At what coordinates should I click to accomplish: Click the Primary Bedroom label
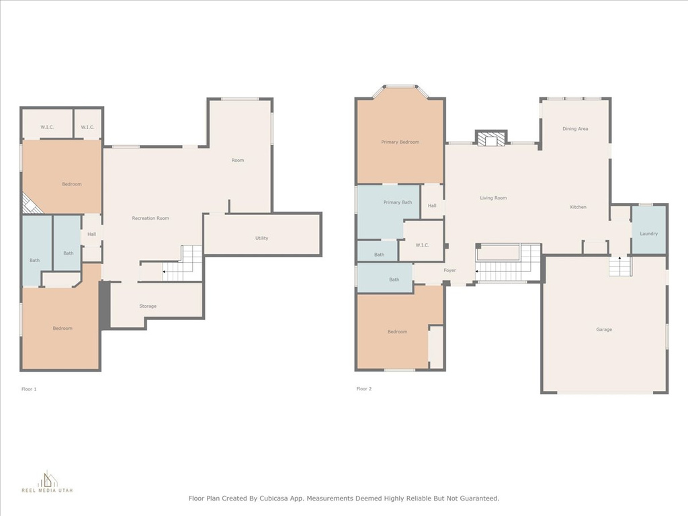pos(400,142)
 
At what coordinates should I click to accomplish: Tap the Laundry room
pos(648,230)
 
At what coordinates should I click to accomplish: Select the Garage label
pos(604,329)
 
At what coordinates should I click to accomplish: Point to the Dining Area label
pos(575,129)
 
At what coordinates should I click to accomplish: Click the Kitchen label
pos(578,207)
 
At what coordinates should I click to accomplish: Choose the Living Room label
pos(493,198)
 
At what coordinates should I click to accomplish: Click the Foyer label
pos(449,270)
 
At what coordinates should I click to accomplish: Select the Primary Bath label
pos(398,202)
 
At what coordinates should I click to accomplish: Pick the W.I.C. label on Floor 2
pos(422,245)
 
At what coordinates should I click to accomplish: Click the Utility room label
pos(261,239)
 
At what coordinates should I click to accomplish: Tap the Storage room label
pos(148,306)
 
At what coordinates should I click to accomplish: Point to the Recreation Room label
pos(150,218)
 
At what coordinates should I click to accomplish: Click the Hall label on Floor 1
pos(91,234)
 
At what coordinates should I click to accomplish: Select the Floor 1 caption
pos(29,389)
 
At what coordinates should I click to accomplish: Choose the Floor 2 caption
pos(363,389)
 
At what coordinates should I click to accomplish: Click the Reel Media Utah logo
pos(47,482)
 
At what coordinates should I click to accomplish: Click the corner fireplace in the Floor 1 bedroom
pos(32,204)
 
